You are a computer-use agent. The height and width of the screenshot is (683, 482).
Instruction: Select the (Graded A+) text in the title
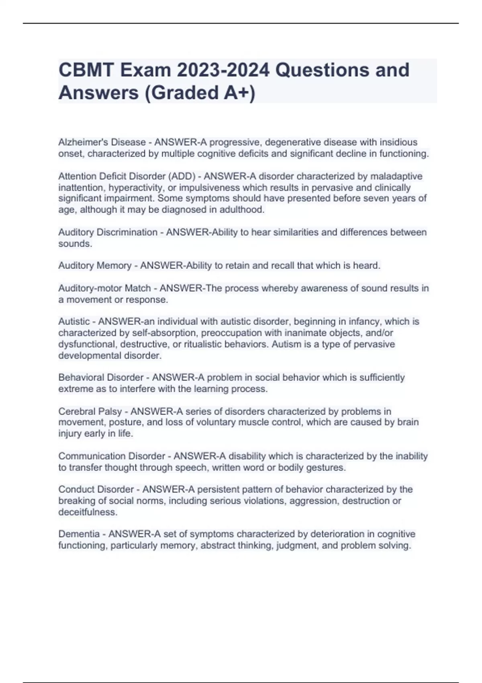coord(200,93)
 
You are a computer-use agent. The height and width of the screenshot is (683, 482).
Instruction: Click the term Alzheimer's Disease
coord(102,142)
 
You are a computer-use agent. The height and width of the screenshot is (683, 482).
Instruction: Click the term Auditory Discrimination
coord(108,232)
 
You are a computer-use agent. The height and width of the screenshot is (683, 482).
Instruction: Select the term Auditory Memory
coord(95,266)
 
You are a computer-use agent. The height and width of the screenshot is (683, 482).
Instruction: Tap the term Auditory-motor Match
coord(104,288)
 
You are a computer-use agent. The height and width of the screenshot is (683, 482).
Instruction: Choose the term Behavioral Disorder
coord(101,378)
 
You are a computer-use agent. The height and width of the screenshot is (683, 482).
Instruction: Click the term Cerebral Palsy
coord(90,411)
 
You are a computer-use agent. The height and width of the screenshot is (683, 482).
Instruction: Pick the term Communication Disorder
coord(112,456)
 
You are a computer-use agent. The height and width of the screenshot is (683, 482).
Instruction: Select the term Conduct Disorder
coord(96,489)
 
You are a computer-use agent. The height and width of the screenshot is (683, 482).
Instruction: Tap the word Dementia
coord(79,534)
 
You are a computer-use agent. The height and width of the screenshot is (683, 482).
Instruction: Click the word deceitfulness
coord(88,512)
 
